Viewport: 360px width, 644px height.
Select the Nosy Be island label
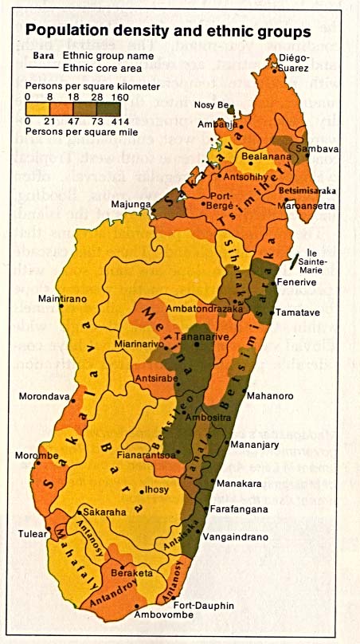[x=212, y=104]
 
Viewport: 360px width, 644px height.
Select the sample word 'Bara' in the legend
[x=44, y=56]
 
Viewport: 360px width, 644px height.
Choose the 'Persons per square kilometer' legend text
[x=93, y=85]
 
